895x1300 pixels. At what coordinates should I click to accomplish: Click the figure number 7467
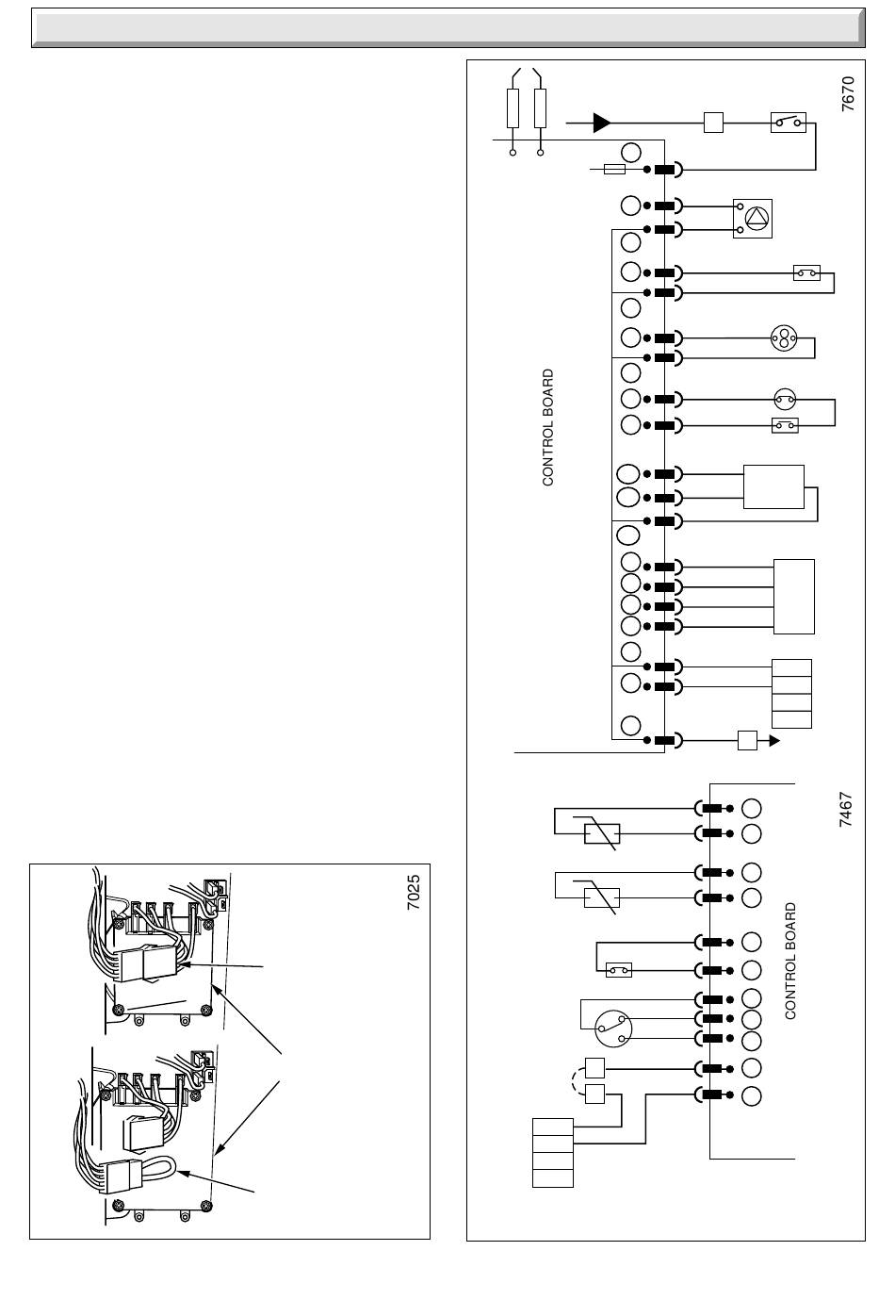coord(845,810)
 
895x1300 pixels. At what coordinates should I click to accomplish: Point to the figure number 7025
coord(414,892)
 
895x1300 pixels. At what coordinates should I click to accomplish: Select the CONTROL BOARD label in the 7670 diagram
coord(548,428)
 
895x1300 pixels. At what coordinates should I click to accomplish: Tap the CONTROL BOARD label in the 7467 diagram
coord(790,961)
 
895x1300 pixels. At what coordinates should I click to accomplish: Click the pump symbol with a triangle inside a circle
coord(754,218)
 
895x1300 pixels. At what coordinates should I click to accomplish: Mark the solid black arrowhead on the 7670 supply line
coord(602,122)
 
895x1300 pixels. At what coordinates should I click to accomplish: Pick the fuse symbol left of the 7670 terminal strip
coord(613,170)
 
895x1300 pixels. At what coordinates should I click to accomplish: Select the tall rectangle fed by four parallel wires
coord(793,597)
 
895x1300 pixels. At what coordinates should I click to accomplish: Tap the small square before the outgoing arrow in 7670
coord(747,740)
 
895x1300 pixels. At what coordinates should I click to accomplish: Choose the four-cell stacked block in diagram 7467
coord(553,1152)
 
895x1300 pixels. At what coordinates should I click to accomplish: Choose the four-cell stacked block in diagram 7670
coord(791,694)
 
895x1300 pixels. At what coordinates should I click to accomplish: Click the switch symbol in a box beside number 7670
coord(788,122)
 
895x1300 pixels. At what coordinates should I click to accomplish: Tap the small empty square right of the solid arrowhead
coord(713,122)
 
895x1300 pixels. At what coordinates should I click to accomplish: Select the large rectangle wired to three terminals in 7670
coord(773,486)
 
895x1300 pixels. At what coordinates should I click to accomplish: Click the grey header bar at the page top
coord(447,28)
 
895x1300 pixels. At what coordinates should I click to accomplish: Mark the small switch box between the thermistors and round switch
coord(619,969)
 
